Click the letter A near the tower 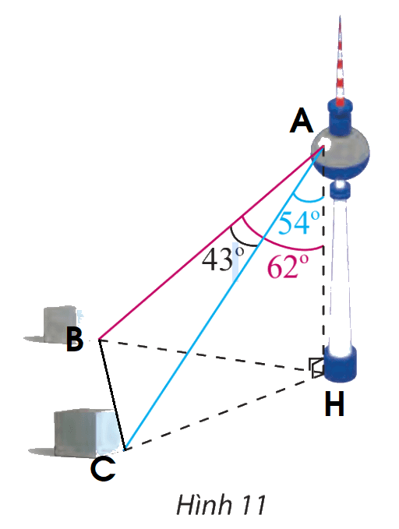[302, 122]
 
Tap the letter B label [75, 340]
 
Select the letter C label [104, 469]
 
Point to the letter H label [334, 404]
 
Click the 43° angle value [223, 259]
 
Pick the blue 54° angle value [299, 222]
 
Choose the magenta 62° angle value [288, 266]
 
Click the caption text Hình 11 [221, 505]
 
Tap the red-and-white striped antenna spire [340, 61]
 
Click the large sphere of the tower [340, 153]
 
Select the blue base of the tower [340, 365]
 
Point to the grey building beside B [60, 325]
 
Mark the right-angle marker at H [316, 368]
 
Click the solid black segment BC [111, 394]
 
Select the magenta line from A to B [211, 242]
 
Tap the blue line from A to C [224, 298]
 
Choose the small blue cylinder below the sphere [340, 190]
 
